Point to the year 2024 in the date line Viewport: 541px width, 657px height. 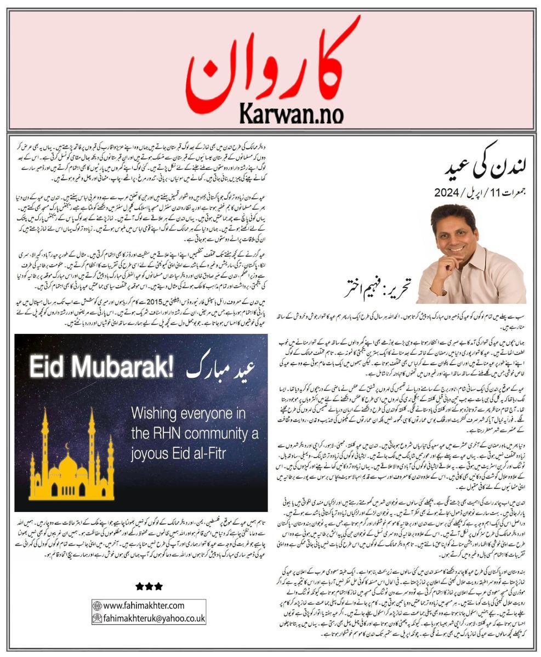pos(449,192)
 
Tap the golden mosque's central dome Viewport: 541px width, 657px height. pos(69,467)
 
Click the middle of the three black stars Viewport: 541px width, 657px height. pos(149,586)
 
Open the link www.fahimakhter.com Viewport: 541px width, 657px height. pos(144,606)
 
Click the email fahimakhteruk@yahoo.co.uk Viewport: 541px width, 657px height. pos(154,618)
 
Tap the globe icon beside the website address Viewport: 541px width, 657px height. pos(98,606)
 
